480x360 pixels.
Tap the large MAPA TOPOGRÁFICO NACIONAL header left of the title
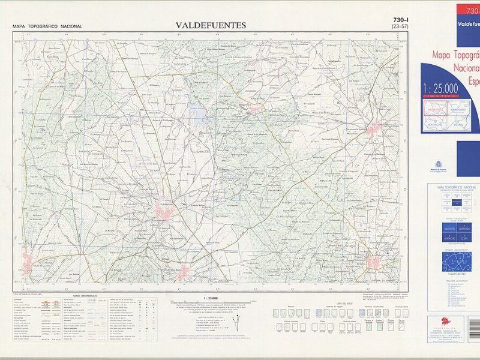(x=47, y=26)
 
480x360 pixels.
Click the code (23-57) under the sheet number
(x=398, y=27)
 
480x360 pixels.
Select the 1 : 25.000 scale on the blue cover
(x=441, y=89)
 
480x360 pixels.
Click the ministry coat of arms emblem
(x=437, y=164)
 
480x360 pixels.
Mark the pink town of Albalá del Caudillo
(x=28, y=260)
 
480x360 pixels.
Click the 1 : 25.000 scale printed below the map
(x=211, y=298)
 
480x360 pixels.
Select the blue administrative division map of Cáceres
(x=457, y=262)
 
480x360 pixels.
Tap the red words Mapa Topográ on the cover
(x=456, y=55)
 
